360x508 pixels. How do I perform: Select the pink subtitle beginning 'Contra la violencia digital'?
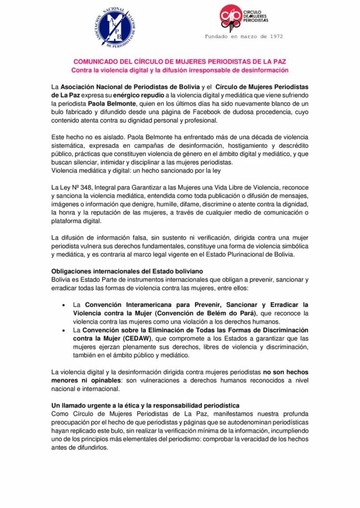[179, 70]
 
